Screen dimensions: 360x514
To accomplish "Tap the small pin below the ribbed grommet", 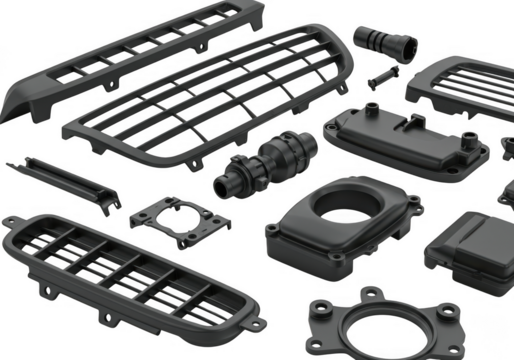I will (x=381, y=75).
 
